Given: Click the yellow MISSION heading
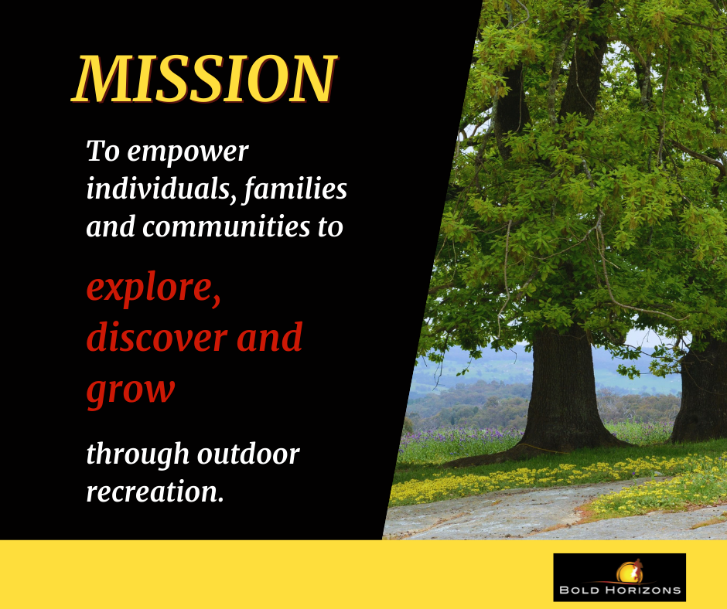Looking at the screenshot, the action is (x=204, y=78).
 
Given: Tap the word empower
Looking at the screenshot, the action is (x=188, y=152).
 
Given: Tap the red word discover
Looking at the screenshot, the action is (x=157, y=337).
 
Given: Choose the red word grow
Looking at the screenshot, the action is (x=131, y=390).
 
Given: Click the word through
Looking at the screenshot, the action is (x=138, y=454).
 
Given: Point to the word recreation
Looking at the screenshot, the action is (x=155, y=492).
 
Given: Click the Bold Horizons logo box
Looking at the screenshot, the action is (x=619, y=577).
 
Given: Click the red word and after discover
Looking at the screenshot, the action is (x=269, y=337).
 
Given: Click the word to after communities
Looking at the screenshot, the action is (x=330, y=227).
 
